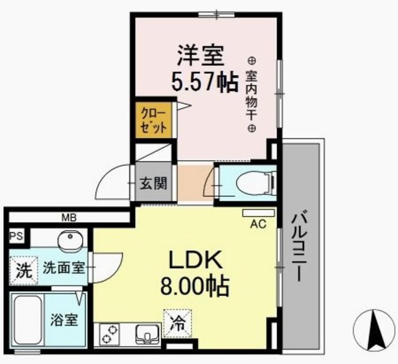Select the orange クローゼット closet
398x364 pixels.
(x=152, y=119)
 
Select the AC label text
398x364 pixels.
(x=257, y=224)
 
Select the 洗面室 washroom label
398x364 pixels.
(x=63, y=269)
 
